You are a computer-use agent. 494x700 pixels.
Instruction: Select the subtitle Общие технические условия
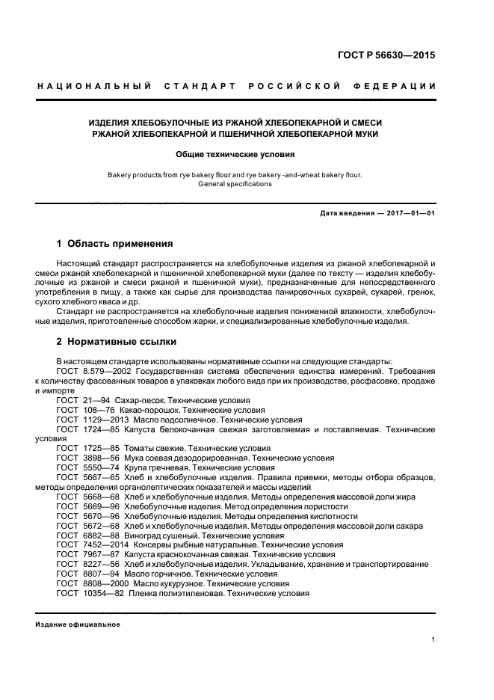235,155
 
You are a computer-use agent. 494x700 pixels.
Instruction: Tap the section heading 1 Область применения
115,244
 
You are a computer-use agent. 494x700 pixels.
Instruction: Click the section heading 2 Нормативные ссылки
117,342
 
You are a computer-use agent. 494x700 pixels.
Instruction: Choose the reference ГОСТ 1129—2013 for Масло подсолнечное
93,420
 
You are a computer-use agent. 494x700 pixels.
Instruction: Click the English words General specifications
235,184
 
